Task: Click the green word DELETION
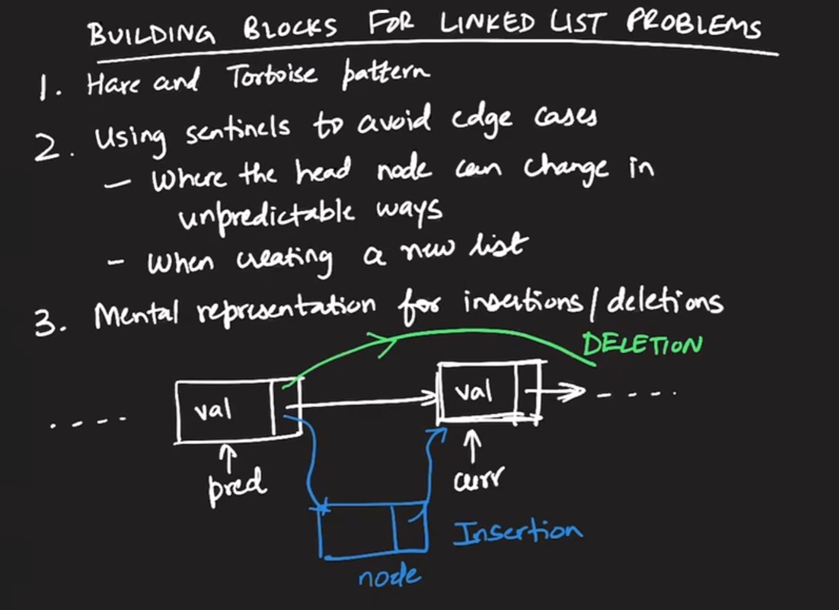pos(642,344)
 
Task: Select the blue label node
pos(389,576)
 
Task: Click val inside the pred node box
pos(213,411)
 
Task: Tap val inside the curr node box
pos(474,392)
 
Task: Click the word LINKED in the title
pos(488,24)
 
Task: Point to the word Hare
pos(113,83)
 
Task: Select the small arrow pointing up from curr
pos(472,445)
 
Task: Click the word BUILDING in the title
pos(151,32)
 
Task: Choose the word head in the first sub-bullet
pos(323,171)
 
